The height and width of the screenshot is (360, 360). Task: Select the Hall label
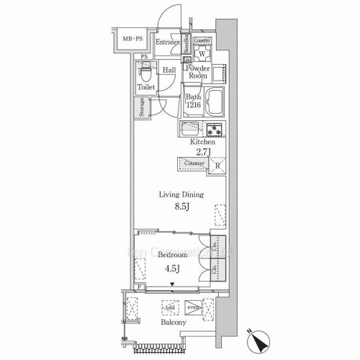(x=169, y=70)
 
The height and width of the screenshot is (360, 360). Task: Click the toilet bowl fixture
(x=146, y=72)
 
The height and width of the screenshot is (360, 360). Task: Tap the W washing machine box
(x=202, y=55)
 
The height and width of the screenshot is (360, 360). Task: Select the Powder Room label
(x=198, y=73)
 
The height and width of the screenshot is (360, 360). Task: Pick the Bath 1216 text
(x=193, y=102)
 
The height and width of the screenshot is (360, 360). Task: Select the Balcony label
(x=174, y=323)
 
